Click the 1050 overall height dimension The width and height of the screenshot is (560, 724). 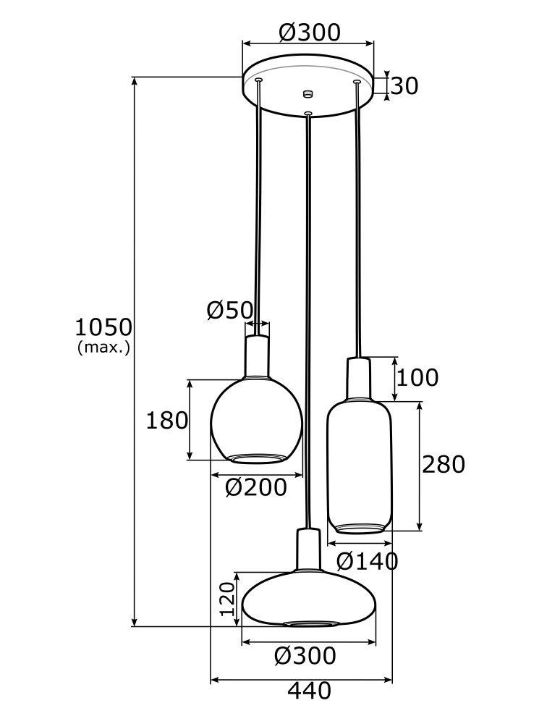tap(103, 327)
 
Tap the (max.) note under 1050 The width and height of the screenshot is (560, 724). tap(103, 348)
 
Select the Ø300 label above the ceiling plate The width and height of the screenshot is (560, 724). tap(309, 32)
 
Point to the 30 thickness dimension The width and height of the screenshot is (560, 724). tap(405, 86)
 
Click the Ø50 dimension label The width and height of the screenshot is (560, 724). tap(229, 311)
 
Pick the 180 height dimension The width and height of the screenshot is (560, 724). tap(166, 420)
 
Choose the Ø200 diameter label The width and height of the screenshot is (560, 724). tap(255, 488)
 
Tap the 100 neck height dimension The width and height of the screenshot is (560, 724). tap(417, 377)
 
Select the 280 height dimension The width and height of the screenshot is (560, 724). tap(443, 465)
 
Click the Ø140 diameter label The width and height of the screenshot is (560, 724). tap(368, 560)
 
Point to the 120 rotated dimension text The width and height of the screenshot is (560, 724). tap(227, 599)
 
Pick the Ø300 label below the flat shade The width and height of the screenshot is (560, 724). tap(305, 656)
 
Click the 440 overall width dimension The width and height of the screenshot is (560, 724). tap(309, 691)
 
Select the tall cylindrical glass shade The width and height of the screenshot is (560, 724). tap(360, 467)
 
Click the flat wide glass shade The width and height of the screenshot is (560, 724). tap(309, 597)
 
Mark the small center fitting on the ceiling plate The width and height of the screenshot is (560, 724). tap(308, 93)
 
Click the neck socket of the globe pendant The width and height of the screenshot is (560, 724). tap(257, 356)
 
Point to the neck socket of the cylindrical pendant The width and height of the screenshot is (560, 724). tap(358, 378)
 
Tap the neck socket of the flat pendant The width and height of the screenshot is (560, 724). tap(308, 550)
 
